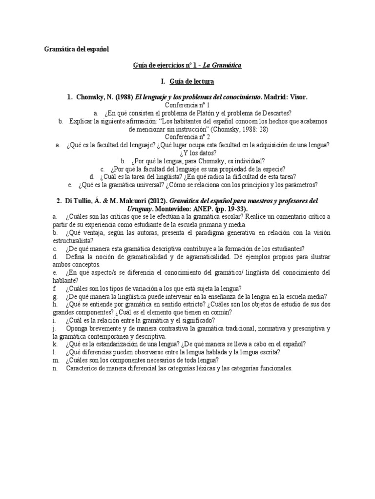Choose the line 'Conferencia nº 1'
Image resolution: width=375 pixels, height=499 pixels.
187,105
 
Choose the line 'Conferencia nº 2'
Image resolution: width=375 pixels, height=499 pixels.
187,137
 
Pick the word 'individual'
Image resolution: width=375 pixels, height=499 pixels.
247,160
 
